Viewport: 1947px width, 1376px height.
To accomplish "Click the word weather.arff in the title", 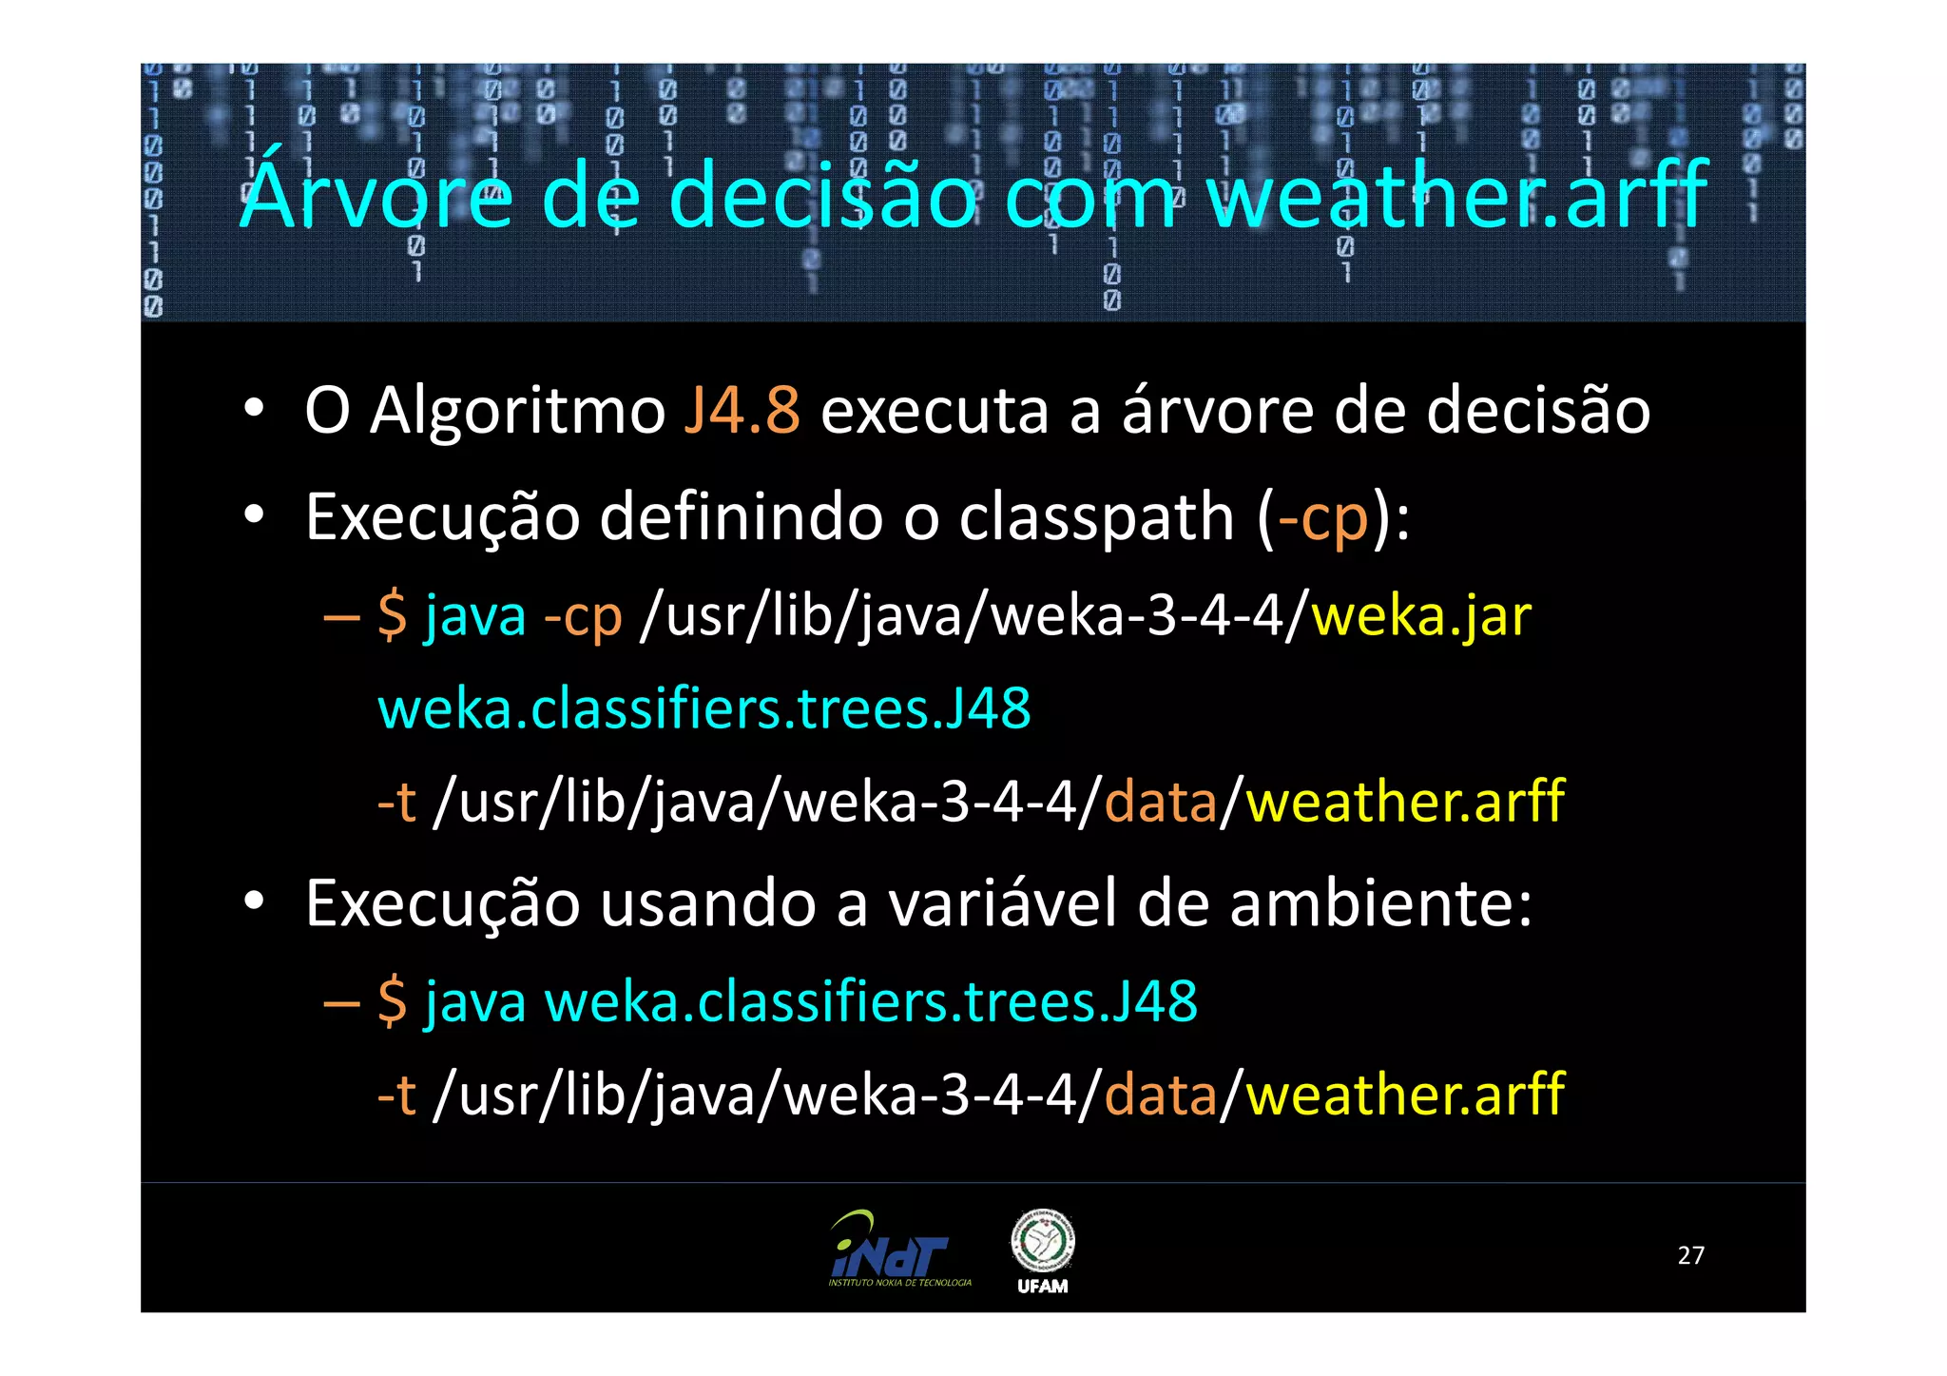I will coord(1456,195).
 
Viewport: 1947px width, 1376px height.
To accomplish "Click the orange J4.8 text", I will coord(742,411).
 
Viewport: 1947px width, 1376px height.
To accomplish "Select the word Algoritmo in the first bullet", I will coord(518,413).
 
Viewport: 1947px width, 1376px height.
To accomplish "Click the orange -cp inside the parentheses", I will coord(1322,518).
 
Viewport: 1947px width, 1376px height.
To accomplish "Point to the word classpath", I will coord(1096,518).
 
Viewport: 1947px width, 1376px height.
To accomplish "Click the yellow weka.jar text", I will coord(1421,616).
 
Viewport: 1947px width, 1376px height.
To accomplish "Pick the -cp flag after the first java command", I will coord(583,616).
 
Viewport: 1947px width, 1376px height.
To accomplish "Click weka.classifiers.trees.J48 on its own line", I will coord(704,708).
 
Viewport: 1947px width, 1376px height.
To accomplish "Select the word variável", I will coord(1002,903).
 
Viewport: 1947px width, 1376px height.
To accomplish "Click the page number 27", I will coord(1690,1255).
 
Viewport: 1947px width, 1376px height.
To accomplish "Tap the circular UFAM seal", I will coord(1042,1240).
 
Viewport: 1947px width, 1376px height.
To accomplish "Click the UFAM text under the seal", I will coord(1042,1287).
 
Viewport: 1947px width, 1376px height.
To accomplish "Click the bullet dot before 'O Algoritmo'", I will coord(253,410).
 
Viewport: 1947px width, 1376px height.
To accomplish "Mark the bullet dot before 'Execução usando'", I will coord(253,901).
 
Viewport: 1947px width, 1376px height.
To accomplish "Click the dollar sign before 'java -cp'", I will coord(392,615).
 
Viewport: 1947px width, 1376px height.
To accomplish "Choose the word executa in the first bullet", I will coord(934,413).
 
